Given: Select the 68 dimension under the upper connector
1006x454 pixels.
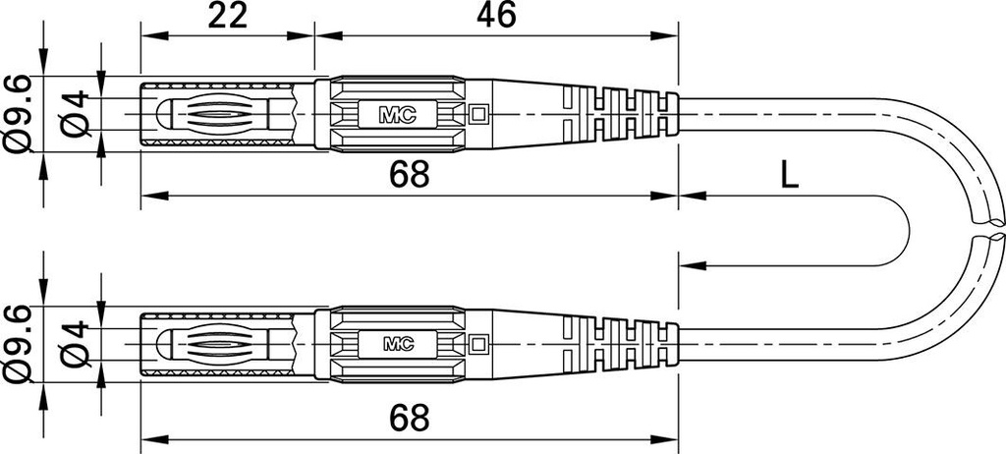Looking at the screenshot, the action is (x=409, y=175).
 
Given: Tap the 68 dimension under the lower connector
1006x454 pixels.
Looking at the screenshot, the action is (x=409, y=419).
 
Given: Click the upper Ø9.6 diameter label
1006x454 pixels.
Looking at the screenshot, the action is (x=17, y=114).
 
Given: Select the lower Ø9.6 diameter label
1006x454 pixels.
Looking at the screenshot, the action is (x=17, y=345).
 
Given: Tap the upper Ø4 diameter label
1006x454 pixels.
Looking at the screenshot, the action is (x=75, y=114).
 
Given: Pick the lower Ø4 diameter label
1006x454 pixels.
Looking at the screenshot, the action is (x=75, y=345).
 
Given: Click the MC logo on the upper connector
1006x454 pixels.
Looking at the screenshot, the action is (x=398, y=114).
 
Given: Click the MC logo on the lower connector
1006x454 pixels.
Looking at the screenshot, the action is (x=398, y=344).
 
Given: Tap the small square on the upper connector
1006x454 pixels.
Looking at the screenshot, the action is (x=478, y=114).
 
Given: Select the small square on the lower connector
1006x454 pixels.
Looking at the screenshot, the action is (x=478, y=344).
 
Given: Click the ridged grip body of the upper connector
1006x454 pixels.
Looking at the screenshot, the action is (x=398, y=114).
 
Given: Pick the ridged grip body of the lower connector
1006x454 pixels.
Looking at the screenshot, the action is (x=398, y=344).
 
